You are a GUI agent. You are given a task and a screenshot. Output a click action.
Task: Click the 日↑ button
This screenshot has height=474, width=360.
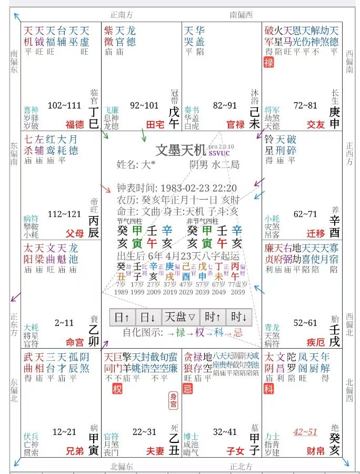[x=122, y=317]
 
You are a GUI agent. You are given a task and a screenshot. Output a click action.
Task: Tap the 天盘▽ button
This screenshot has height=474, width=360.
[x=180, y=317]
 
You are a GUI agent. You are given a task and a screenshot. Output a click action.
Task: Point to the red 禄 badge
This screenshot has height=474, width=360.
[x=269, y=62]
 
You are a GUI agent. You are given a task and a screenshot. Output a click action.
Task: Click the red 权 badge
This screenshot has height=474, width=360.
[x=117, y=390]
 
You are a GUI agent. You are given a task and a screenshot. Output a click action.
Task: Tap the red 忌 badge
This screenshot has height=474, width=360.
[x=188, y=390]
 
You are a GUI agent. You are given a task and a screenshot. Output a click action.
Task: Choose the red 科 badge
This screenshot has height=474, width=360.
[x=269, y=390]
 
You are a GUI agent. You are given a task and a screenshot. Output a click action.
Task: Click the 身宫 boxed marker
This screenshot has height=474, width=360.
[x=173, y=401]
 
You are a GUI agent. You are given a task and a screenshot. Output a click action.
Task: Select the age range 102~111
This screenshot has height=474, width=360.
[x=64, y=105]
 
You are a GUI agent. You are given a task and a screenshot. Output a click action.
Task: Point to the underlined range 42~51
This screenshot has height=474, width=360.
[x=305, y=432]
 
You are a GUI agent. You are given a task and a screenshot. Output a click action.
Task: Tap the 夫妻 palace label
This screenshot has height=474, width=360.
[x=156, y=451]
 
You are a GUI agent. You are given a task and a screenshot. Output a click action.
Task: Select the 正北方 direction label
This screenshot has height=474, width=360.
[x=241, y=466]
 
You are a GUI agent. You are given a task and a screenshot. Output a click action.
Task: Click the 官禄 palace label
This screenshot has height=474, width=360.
[x=236, y=125]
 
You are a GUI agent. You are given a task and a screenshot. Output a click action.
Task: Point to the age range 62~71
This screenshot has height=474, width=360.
[x=306, y=214]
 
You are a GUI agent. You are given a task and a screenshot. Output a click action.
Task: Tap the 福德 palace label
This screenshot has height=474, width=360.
[x=75, y=125]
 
